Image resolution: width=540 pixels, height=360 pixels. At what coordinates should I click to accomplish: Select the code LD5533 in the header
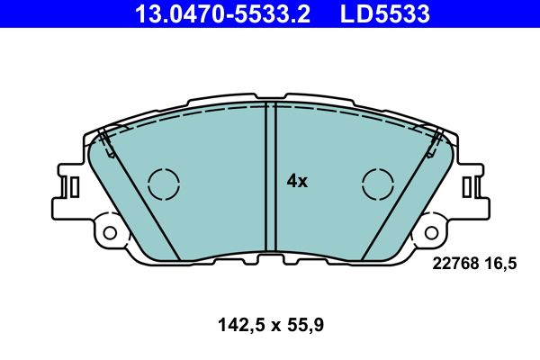tap(385, 13)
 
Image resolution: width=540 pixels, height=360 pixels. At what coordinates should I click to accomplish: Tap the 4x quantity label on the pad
tap(297, 181)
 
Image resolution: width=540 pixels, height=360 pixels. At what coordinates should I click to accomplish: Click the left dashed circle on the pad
tap(164, 184)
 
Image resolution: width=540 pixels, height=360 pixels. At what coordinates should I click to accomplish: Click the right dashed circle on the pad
tap(378, 184)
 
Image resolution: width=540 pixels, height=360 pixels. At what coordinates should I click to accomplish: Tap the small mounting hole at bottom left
tap(110, 233)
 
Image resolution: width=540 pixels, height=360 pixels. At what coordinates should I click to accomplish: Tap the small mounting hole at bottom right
tap(430, 233)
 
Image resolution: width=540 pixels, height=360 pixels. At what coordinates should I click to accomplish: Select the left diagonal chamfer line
tap(139, 193)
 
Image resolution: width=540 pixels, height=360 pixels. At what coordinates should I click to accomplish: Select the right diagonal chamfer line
tap(400, 193)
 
